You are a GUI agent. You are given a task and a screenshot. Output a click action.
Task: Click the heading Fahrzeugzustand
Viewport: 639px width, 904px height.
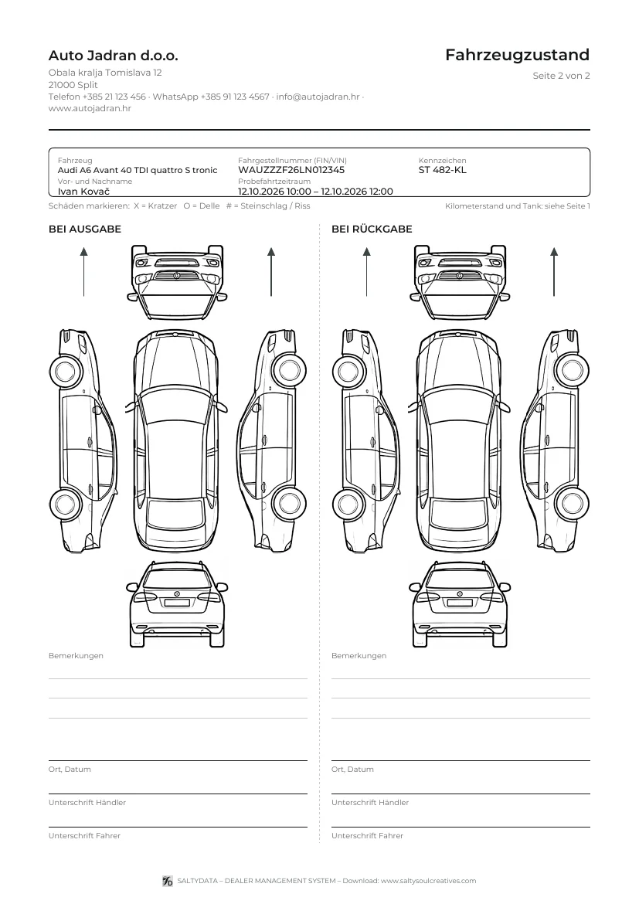(518, 56)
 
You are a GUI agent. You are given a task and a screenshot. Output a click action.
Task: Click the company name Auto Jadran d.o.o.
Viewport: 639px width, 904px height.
(113, 56)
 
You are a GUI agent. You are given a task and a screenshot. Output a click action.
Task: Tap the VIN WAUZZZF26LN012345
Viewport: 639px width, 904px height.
(291, 170)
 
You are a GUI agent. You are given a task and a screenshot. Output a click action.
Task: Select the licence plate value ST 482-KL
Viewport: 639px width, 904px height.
(442, 170)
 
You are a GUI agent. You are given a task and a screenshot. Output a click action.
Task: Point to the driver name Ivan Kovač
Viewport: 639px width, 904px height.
(83, 192)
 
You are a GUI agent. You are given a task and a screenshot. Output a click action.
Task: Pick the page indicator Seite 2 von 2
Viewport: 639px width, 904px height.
(561, 76)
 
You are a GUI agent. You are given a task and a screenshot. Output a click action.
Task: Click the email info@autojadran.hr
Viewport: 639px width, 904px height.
(318, 97)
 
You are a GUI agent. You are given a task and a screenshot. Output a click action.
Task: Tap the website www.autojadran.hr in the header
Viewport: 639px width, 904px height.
(90, 108)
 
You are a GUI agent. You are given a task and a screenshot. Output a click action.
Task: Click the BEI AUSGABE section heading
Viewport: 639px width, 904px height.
(85, 229)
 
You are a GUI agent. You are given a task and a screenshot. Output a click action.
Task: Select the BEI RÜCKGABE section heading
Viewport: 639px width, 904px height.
(372, 229)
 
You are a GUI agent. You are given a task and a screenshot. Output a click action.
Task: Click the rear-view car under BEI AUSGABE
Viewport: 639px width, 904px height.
(176, 604)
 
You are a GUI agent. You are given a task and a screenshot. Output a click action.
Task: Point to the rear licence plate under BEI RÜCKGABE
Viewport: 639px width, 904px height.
(460, 603)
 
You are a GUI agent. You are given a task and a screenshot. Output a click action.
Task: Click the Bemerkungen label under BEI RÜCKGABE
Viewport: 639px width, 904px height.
(359, 655)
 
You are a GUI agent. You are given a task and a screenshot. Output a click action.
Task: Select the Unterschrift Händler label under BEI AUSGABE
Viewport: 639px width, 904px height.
(87, 803)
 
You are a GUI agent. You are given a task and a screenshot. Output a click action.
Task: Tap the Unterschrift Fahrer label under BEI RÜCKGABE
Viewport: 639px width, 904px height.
(367, 835)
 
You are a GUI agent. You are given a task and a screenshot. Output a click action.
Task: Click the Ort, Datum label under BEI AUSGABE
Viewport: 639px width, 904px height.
(70, 769)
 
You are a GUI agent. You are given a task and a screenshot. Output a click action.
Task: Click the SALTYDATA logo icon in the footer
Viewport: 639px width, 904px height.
(168, 881)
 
